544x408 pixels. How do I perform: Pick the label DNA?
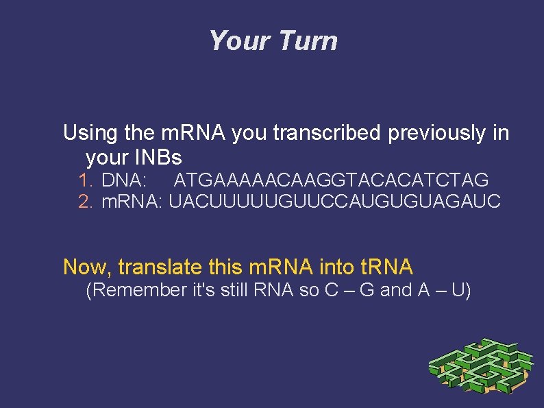[123, 180]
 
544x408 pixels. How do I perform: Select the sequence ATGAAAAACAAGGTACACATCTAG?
[331, 180]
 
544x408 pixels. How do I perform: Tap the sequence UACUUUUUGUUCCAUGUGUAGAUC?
[335, 202]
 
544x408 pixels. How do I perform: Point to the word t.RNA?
[378, 266]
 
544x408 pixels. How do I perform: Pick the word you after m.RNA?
[250, 133]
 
